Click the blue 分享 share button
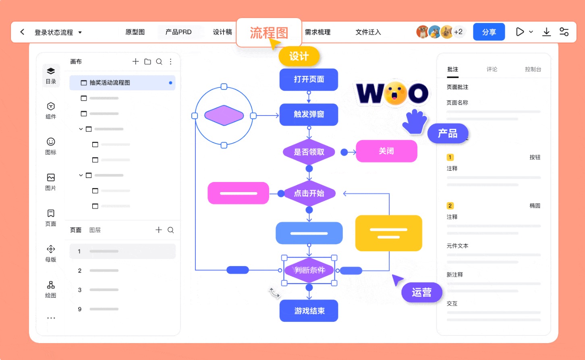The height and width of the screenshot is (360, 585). (x=489, y=32)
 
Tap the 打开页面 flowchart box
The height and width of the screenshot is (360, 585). (x=309, y=79)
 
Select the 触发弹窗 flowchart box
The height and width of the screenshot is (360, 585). (x=309, y=114)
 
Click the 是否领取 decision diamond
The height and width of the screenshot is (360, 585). (x=309, y=152)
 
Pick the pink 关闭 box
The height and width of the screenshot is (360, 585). (x=386, y=151)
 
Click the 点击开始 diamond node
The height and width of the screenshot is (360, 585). (x=309, y=193)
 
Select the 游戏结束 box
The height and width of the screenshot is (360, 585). (x=309, y=310)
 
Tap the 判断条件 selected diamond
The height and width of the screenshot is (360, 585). (x=309, y=270)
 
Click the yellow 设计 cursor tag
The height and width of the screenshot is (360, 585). (x=299, y=56)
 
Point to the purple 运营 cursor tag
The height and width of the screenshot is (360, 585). (x=421, y=292)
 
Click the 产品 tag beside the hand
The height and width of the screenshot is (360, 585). (x=448, y=133)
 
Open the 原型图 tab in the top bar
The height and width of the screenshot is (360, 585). (x=135, y=32)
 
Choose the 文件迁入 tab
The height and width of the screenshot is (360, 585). (x=368, y=32)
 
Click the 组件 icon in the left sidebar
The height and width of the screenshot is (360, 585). (x=51, y=110)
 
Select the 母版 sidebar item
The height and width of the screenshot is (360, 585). (x=51, y=253)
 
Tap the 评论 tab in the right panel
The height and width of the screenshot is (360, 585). (x=492, y=69)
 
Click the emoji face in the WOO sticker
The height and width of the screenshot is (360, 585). (x=395, y=93)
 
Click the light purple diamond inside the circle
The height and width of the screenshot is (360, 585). (x=224, y=116)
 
